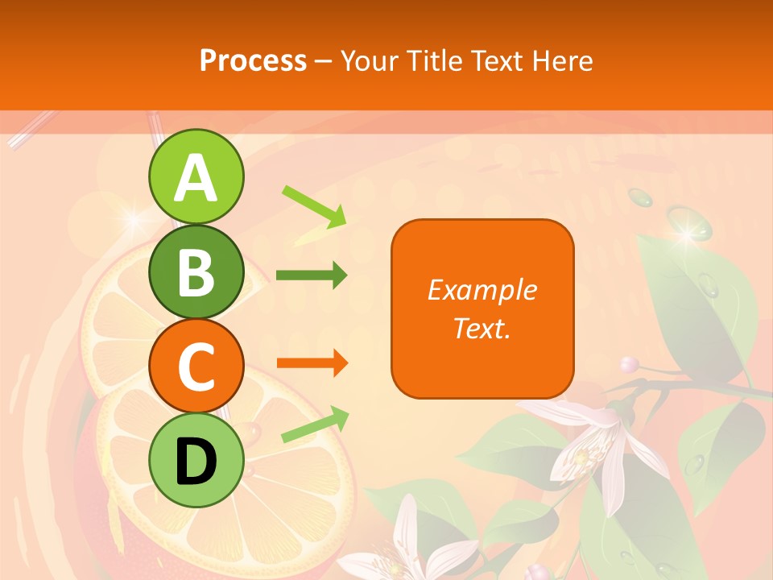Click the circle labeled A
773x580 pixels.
(x=196, y=177)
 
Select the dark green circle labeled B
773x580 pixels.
(x=196, y=272)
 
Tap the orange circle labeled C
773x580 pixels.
(x=196, y=367)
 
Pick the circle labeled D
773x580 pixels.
(x=196, y=461)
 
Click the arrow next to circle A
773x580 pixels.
(x=314, y=206)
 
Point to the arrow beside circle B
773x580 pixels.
(x=312, y=275)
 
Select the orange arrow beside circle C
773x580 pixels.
(x=312, y=363)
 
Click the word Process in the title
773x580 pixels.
(x=253, y=60)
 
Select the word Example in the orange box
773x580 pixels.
(x=482, y=290)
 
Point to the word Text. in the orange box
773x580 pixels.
(x=482, y=328)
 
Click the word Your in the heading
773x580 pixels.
(x=369, y=60)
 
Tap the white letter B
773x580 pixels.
(x=196, y=272)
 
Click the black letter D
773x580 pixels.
(x=196, y=462)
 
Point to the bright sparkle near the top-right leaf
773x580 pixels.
(x=687, y=234)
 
